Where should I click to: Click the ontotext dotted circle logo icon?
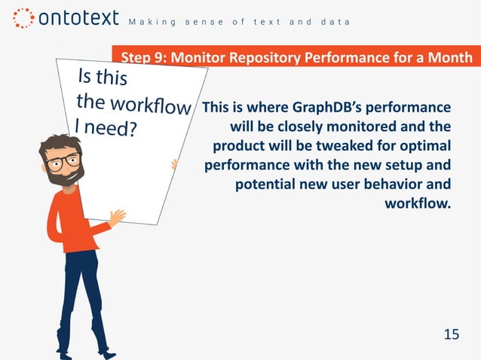[23, 18]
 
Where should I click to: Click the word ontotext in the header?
[75, 18]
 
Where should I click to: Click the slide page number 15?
[451, 334]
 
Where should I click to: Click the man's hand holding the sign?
[117, 218]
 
